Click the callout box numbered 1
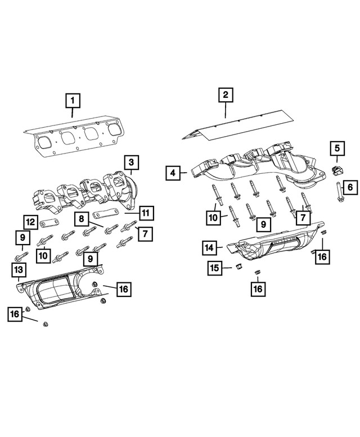coord(73,102)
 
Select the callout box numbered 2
coord(225,95)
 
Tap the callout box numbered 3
coord(130,163)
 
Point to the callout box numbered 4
coord(173,173)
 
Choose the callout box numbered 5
coord(337,148)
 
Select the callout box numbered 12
coord(30,222)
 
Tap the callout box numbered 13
coord(18,271)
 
